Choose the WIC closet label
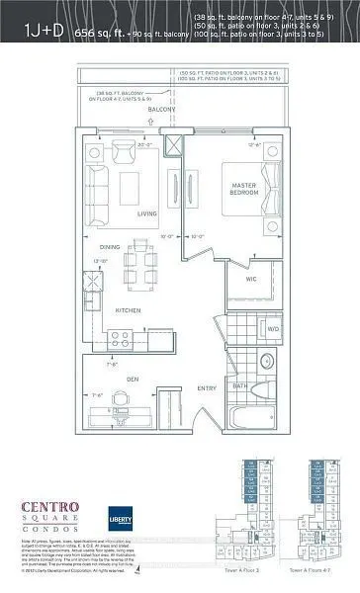(x=251, y=280)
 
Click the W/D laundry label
(x=272, y=329)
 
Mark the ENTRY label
(x=207, y=389)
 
